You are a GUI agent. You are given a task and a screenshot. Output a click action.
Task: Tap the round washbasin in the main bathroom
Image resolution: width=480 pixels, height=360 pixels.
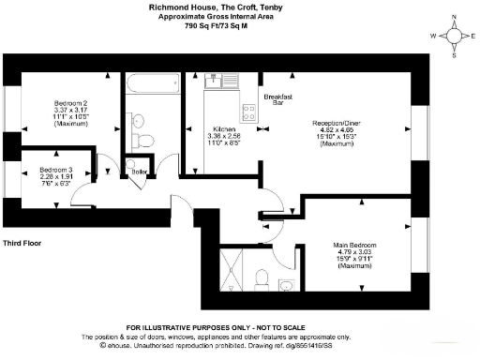(x=137, y=119)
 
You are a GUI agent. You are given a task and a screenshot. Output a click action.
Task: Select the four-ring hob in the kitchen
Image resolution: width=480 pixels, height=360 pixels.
(x=249, y=112)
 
